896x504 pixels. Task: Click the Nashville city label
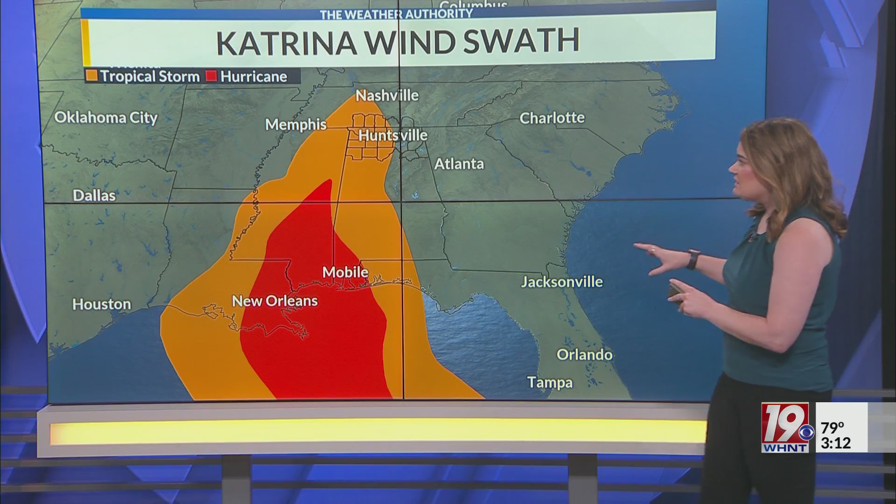[387, 96]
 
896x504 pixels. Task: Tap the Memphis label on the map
[296, 125]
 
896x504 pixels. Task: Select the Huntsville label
[392, 135]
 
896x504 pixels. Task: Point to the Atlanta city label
[459, 164]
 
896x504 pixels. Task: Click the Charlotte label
[552, 118]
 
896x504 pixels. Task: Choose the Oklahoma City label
[106, 117]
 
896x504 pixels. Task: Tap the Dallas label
[94, 195]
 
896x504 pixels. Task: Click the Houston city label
[101, 304]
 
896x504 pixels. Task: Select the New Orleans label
[274, 301]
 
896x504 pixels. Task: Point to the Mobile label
[345, 272]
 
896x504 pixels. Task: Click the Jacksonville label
[561, 282]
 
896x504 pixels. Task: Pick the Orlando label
[584, 355]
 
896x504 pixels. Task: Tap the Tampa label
[550, 383]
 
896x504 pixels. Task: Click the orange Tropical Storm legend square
[92, 76]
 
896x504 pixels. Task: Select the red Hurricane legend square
[212, 76]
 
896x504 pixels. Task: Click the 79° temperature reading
[833, 427]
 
